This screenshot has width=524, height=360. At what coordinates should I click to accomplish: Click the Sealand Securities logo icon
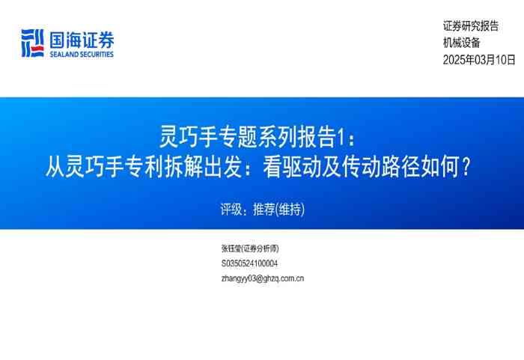pos(32,43)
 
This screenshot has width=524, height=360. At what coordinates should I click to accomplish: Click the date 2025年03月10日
pos(480,60)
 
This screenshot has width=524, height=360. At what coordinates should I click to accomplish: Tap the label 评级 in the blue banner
pos(231,210)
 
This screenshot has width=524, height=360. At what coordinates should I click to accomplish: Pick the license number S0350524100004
pos(250,263)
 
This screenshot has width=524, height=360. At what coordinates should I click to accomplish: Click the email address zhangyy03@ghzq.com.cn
pos(263,278)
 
